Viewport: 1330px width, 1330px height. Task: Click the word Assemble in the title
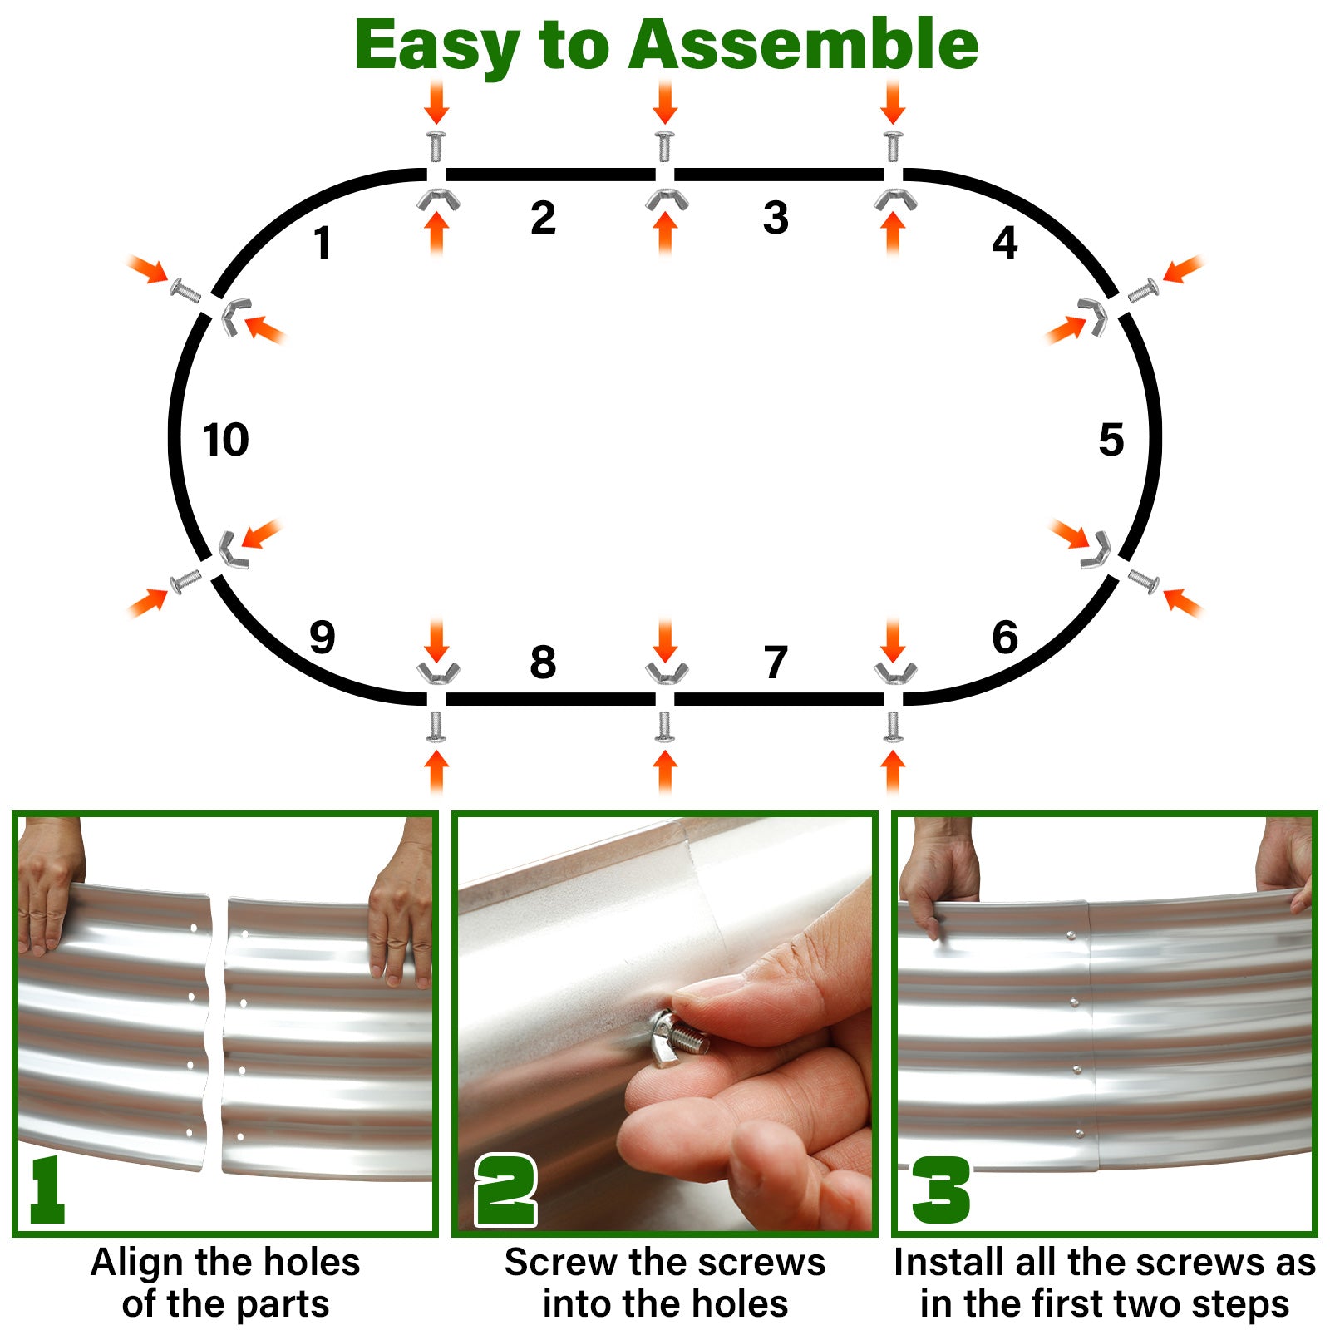(803, 45)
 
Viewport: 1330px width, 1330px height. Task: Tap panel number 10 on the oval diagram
(226, 440)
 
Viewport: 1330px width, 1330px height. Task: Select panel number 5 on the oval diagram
(1111, 440)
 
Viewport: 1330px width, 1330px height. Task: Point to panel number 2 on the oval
(543, 218)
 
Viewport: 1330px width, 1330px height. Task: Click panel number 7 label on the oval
(776, 663)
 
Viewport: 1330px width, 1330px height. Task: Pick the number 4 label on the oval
(1005, 243)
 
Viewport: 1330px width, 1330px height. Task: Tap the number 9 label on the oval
(322, 638)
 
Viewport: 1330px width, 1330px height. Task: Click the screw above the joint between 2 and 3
(664, 145)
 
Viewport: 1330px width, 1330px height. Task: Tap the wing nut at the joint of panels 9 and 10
(234, 549)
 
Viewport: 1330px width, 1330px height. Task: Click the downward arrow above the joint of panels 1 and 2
(436, 102)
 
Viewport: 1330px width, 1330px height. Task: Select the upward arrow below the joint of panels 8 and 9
(436, 771)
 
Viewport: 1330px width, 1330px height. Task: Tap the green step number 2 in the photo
(506, 1190)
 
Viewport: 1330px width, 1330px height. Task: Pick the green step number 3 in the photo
(941, 1190)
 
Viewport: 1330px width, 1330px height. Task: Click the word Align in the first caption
(136, 1263)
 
